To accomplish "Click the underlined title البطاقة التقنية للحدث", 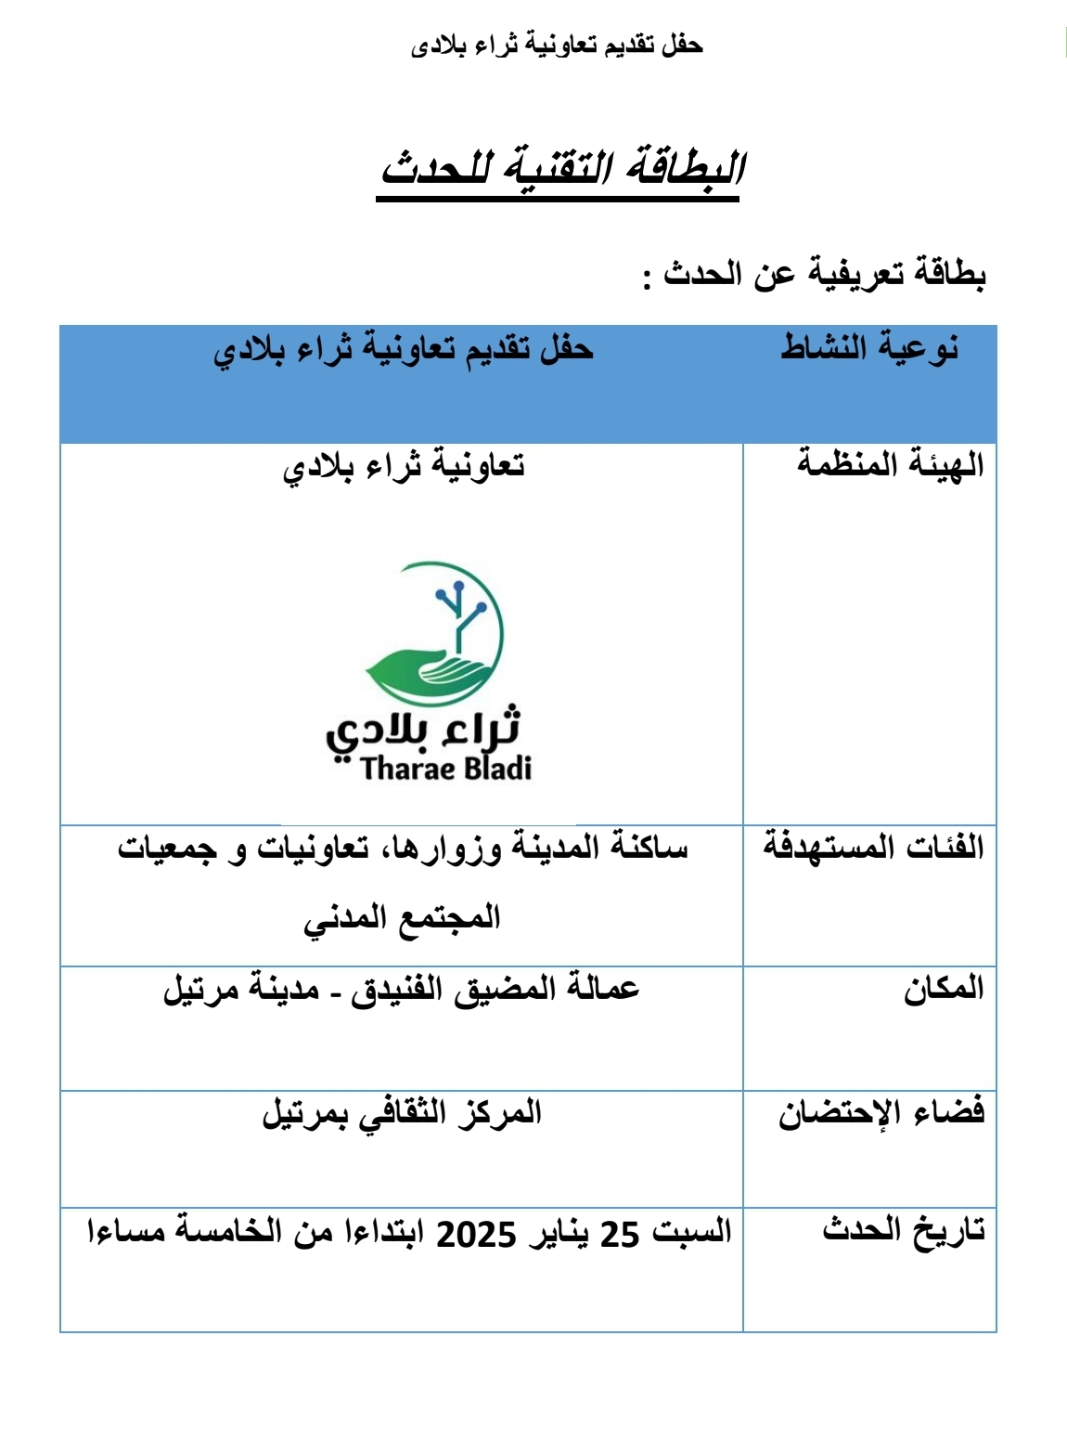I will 561,169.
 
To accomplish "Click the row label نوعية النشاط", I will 869,347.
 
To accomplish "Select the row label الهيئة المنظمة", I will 890,463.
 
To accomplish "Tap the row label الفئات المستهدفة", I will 873,847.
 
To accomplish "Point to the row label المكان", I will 944,988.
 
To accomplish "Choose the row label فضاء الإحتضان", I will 881,1112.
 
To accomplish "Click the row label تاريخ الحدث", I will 904,1230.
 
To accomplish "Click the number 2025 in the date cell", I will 476,1235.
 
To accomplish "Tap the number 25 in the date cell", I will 620,1235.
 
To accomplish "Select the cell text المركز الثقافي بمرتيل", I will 402,1112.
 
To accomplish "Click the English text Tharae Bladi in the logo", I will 446,769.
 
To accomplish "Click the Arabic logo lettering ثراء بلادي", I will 422,731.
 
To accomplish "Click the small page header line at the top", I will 557,45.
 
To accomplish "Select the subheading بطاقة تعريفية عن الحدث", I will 815,274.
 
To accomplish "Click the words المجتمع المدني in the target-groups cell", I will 402,918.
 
